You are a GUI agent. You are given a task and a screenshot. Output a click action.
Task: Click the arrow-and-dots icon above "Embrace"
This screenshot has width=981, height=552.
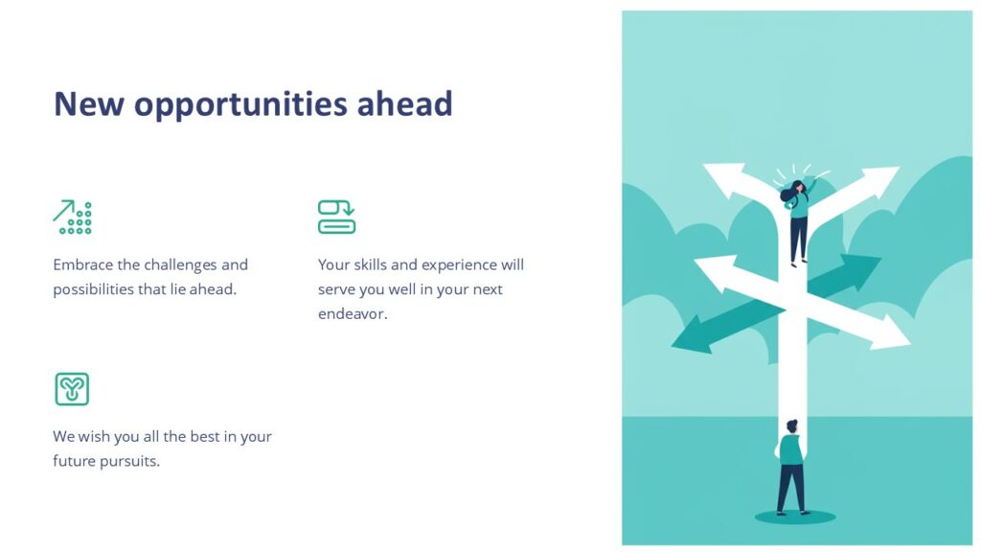[x=72, y=218]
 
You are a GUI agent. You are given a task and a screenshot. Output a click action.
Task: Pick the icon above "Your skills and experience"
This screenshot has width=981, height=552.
[x=336, y=217]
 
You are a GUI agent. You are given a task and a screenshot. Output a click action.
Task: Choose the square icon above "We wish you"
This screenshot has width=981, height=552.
[x=72, y=389]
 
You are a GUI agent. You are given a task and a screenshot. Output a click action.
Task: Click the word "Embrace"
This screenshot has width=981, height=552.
[x=82, y=264]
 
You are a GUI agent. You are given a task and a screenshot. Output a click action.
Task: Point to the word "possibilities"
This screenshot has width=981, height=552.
[x=93, y=289]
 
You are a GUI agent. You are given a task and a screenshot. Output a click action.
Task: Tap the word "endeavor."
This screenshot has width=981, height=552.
[x=353, y=314]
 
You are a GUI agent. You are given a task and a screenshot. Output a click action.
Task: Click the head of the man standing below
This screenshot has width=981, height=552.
[x=791, y=426]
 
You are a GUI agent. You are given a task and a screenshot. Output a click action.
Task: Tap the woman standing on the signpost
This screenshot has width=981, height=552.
[x=798, y=220]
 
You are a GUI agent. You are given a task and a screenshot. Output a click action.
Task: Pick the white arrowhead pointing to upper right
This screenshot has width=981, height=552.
[x=880, y=179]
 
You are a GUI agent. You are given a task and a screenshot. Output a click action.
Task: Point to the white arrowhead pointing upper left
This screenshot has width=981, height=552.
[x=721, y=177]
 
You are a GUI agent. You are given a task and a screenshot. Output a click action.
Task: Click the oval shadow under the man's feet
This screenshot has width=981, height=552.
[x=794, y=517]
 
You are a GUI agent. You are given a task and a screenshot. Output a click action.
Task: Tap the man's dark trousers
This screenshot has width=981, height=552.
[x=790, y=487]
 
